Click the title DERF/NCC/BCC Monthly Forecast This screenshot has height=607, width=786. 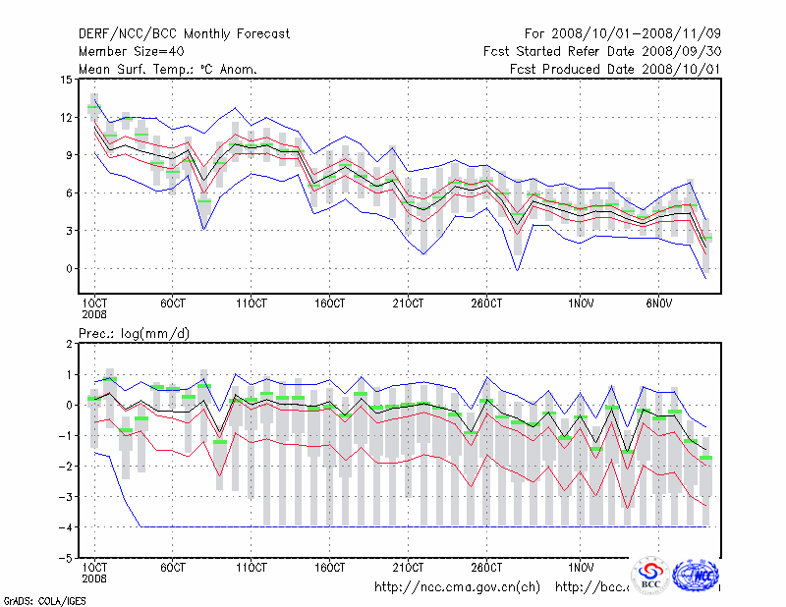point(184,34)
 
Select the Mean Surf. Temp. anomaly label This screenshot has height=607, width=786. point(167,69)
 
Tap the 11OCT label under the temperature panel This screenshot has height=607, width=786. point(252,303)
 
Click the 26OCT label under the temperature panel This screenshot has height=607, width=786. point(487,303)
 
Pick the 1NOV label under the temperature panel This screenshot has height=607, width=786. point(583,303)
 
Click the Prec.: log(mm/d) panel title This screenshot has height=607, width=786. point(135,334)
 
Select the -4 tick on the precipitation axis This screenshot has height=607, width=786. point(66,526)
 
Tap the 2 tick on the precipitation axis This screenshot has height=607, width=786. point(69,344)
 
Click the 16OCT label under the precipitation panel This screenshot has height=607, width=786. point(330,568)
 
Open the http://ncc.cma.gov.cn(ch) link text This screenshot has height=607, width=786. point(457,587)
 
